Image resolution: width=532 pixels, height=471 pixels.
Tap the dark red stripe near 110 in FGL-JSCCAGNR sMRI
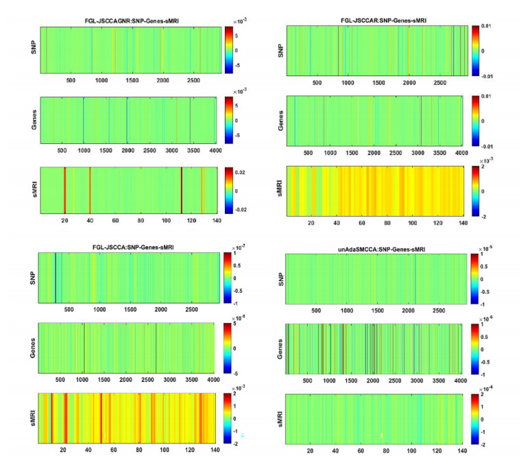click(181, 190)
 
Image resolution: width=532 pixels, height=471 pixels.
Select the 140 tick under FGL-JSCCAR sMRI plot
click(462, 222)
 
